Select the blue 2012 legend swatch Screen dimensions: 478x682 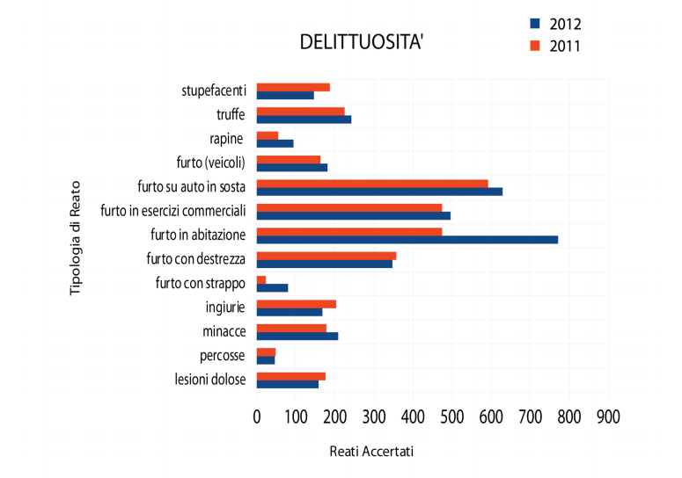point(534,24)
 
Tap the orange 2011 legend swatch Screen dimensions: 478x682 point(534,46)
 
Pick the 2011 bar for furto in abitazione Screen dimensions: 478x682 point(349,231)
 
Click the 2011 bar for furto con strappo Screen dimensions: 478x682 point(261,279)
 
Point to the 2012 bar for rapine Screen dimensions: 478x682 point(275,143)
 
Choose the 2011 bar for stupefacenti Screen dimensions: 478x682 point(293,87)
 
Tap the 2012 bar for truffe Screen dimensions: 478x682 point(304,119)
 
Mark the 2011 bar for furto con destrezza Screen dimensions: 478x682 point(326,256)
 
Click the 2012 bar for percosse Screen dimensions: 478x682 point(266,359)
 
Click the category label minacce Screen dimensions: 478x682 point(224,331)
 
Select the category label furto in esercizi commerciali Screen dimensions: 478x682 point(172,211)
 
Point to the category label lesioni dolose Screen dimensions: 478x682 point(210,380)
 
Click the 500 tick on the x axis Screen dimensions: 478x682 point(451,416)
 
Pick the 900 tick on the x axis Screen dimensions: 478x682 point(608,416)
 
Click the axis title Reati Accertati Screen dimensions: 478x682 point(370,451)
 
